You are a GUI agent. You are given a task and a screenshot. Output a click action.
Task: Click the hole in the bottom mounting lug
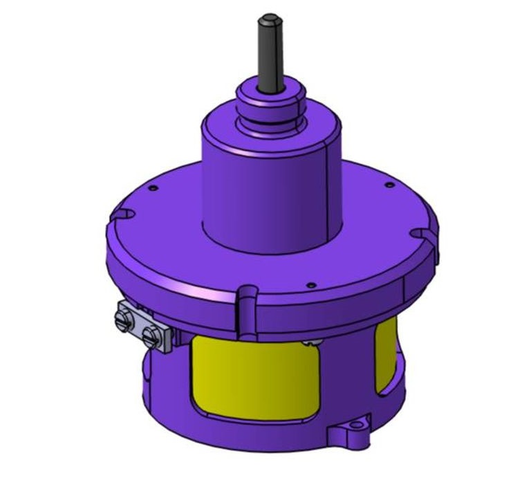click(357, 425)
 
